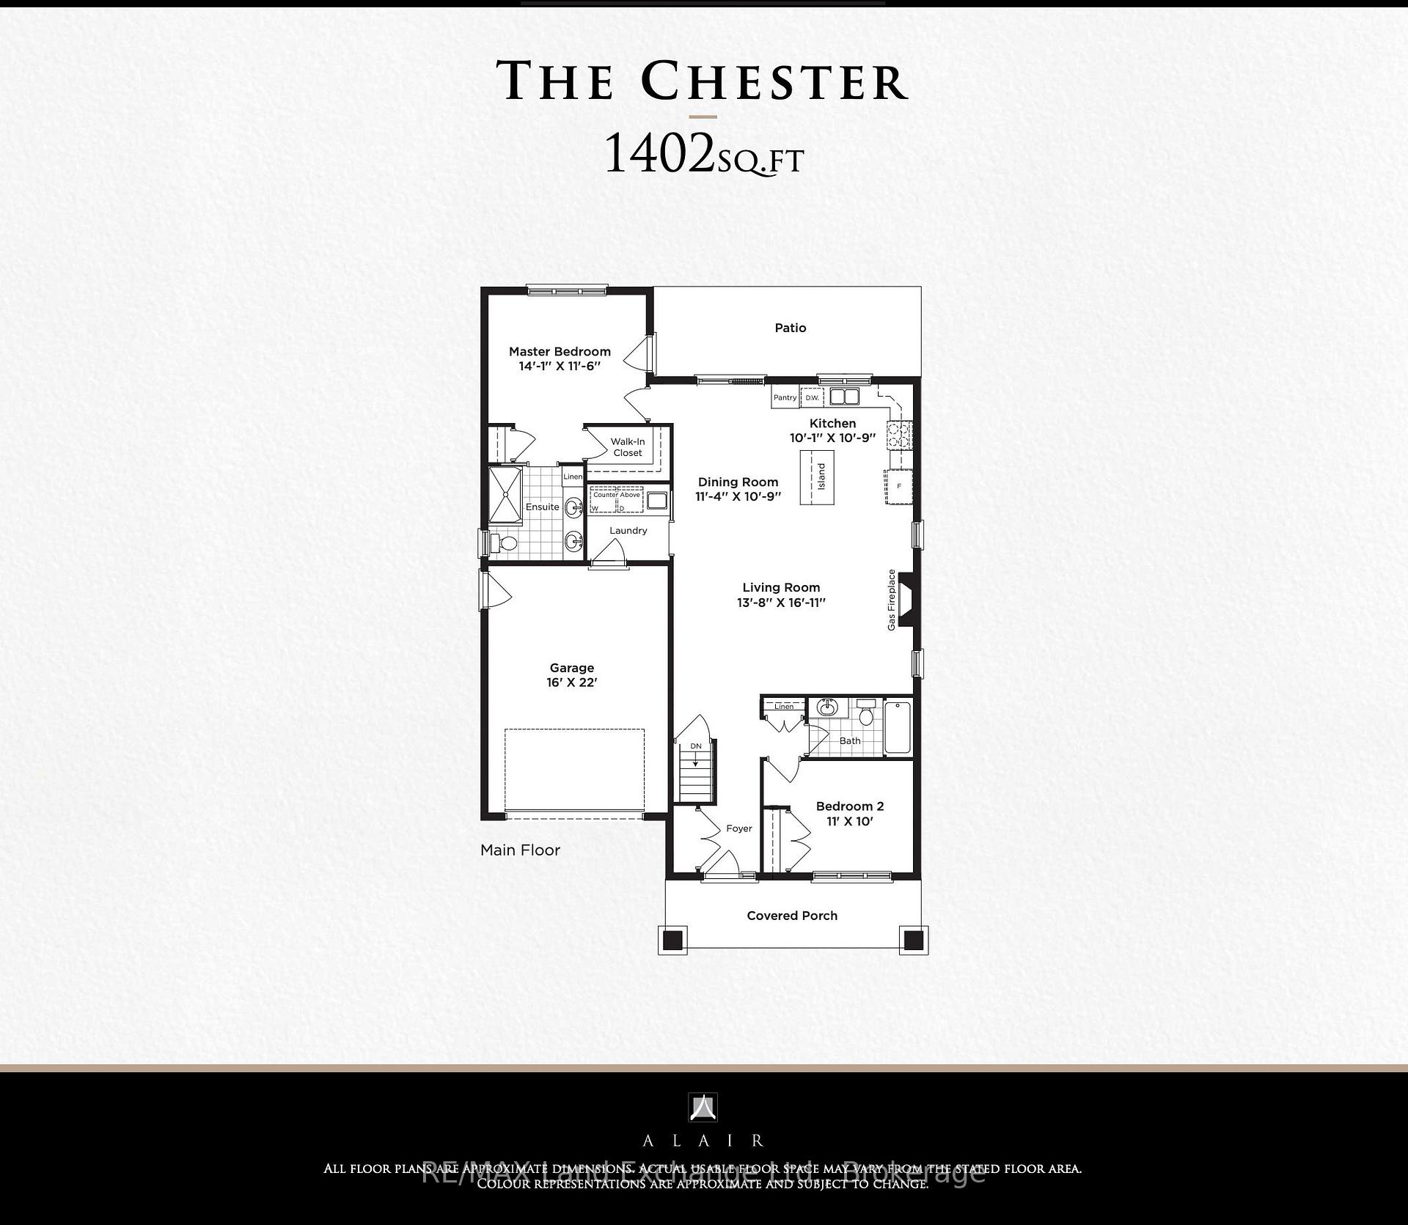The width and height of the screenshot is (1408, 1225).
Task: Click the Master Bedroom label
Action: pos(560,352)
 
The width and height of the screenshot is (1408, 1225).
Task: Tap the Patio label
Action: pos(791,328)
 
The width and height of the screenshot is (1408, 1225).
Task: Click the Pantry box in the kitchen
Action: pos(785,397)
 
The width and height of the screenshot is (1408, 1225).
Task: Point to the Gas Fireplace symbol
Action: pos(907,599)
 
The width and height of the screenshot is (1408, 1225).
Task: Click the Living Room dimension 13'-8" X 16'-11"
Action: pos(781,603)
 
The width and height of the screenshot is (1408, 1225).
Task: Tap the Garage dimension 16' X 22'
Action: pos(572,683)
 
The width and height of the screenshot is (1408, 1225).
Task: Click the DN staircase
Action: pos(696,772)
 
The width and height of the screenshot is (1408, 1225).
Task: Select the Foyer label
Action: pos(739,828)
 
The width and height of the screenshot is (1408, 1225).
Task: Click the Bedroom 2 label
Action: pos(850,806)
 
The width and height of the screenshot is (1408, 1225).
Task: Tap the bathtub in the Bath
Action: pos(898,728)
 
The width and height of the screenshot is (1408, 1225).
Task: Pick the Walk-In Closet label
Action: pos(628,447)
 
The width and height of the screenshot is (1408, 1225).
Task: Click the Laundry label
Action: pos(628,530)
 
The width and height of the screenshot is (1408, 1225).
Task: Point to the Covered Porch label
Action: pos(792,916)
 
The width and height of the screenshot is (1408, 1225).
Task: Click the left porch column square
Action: pos(673,940)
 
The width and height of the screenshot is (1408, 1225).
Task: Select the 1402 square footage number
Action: pos(658,155)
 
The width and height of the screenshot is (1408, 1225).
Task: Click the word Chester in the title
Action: pos(775,81)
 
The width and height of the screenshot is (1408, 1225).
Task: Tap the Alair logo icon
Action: pos(703,1107)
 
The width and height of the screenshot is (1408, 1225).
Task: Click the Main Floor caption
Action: pos(520,850)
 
